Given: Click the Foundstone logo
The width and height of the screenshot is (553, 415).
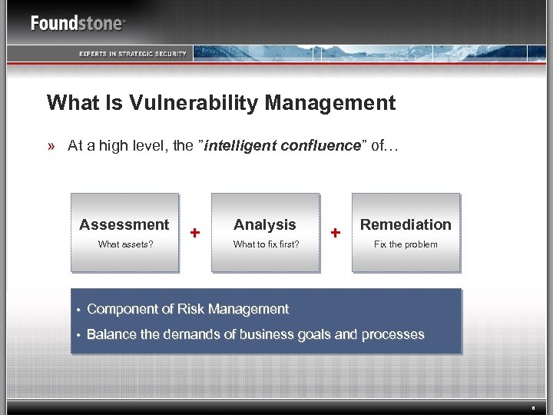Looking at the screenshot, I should coord(78,23).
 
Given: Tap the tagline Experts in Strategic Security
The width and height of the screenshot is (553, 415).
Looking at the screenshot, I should coord(132,53).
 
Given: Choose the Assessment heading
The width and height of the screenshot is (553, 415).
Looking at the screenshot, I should coord(124,224).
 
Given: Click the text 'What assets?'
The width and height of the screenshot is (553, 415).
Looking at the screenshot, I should coord(125,244).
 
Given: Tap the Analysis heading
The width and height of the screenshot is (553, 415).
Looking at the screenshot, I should coord(264,224).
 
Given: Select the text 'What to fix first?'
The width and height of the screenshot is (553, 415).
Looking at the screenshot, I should coord(266,244).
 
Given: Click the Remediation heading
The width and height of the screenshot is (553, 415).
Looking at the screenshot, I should coord(406,224).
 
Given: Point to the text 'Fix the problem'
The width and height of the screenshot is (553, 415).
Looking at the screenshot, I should coord(406,244).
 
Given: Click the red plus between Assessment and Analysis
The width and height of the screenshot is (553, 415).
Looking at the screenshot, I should coord(195,232).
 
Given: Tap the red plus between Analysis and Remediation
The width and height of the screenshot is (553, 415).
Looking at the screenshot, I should coord(336,232).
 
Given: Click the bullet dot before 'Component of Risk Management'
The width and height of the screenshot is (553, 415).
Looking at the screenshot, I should coord(78,310).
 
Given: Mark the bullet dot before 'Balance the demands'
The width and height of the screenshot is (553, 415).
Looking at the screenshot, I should coord(78,335).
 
